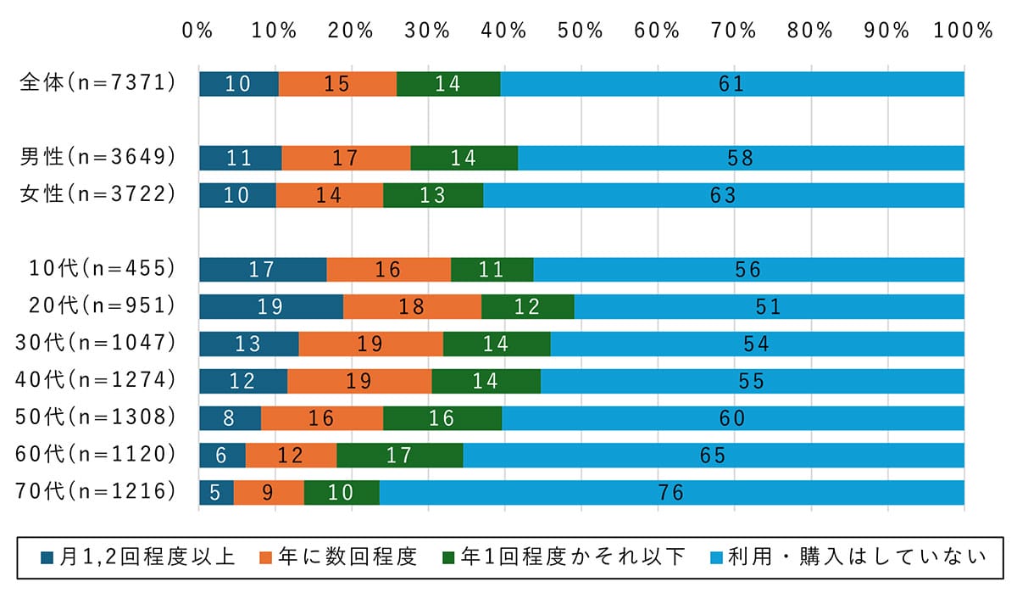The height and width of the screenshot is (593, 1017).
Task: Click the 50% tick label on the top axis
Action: pyautogui.click(x=581, y=31)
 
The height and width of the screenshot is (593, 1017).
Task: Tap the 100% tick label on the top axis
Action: pyautogui.click(x=964, y=31)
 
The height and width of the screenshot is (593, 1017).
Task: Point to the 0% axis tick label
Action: pyautogui.click(x=197, y=31)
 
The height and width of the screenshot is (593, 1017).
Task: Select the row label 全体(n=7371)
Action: pyautogui.click(x=98, y=83)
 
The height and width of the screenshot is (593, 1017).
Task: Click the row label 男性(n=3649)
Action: pyautogui.click(x=98, y=157)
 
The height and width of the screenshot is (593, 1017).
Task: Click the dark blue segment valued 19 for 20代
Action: pyautogui.click(x=270, y=306)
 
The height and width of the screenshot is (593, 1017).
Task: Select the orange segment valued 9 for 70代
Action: pyautogui.click(x=268, y=492)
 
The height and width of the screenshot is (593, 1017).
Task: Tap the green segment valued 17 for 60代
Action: pyautogui.click(x=399, y=455)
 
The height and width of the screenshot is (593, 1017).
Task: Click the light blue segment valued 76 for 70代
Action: pyautogui.click(x=671, y=492)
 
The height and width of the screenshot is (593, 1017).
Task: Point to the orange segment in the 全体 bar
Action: pyautogui.click(x=337, y=84)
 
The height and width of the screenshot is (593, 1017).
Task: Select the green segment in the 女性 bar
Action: pyautogui.click(x=432, y=195)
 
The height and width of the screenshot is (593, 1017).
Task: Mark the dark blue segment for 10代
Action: pyautogui.click(x=262, y=269)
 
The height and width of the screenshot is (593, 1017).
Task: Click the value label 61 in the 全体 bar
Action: pyautogui.click(x=731, y=84)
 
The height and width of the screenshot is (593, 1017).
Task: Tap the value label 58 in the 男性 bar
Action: pyautogui.click(x=740, y=158)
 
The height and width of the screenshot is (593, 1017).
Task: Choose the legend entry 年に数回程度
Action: pyautogui.click(x=339, y=557)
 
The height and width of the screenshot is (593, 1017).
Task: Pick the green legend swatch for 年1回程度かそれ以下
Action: pyautogui.click(x=449, y=557)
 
